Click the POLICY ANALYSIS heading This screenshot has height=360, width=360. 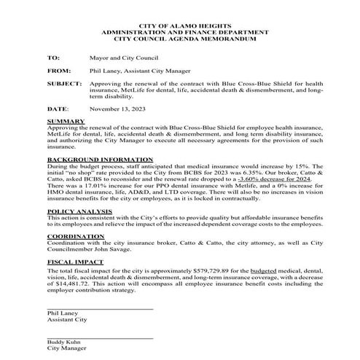[x=78, y=211]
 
